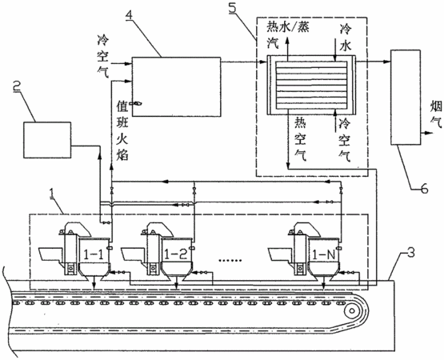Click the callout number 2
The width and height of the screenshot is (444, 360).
[x=18, y=86]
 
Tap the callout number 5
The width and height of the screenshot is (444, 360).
[x=233, y=8]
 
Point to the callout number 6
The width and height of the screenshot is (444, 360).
[x=424, y=188]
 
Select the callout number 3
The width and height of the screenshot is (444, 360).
[x=410, y=252]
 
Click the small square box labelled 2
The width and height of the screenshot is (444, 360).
[x=47, y=140]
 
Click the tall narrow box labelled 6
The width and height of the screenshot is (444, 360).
[x=406, y=97]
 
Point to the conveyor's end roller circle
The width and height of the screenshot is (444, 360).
[x=351, y=311]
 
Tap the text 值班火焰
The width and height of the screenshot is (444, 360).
[x=122, y=131]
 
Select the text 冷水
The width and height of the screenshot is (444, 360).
[x=346, y=37]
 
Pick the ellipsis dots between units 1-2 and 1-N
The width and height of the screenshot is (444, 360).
[x=230, y=259]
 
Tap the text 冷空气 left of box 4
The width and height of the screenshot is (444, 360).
[x=103, y=57]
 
